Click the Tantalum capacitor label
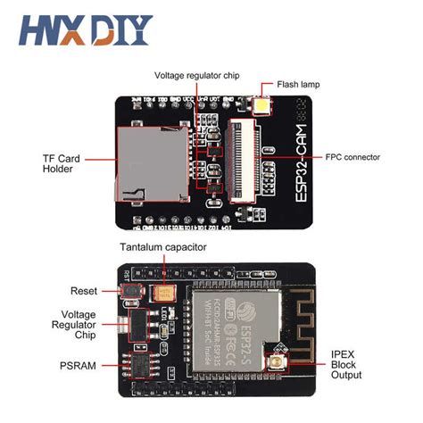(163, 246)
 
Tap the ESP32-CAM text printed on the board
(283, 169)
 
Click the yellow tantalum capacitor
(166, 292)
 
